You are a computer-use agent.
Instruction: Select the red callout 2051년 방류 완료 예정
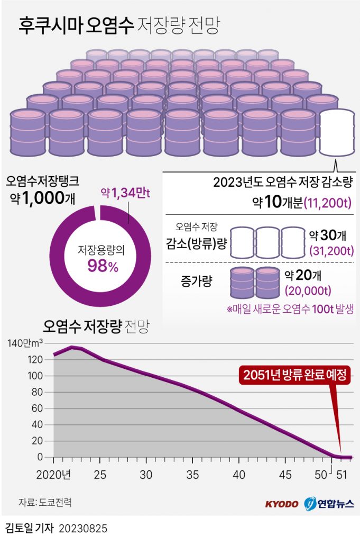click(295, 376)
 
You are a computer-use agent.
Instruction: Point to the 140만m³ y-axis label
click(25, 343)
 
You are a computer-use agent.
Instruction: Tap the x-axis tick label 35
click(193, 474)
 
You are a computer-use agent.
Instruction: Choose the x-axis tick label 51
click(343, 474)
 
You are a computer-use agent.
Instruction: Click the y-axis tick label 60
click(37, 408)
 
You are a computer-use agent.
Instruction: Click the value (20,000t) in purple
click(308, 290)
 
